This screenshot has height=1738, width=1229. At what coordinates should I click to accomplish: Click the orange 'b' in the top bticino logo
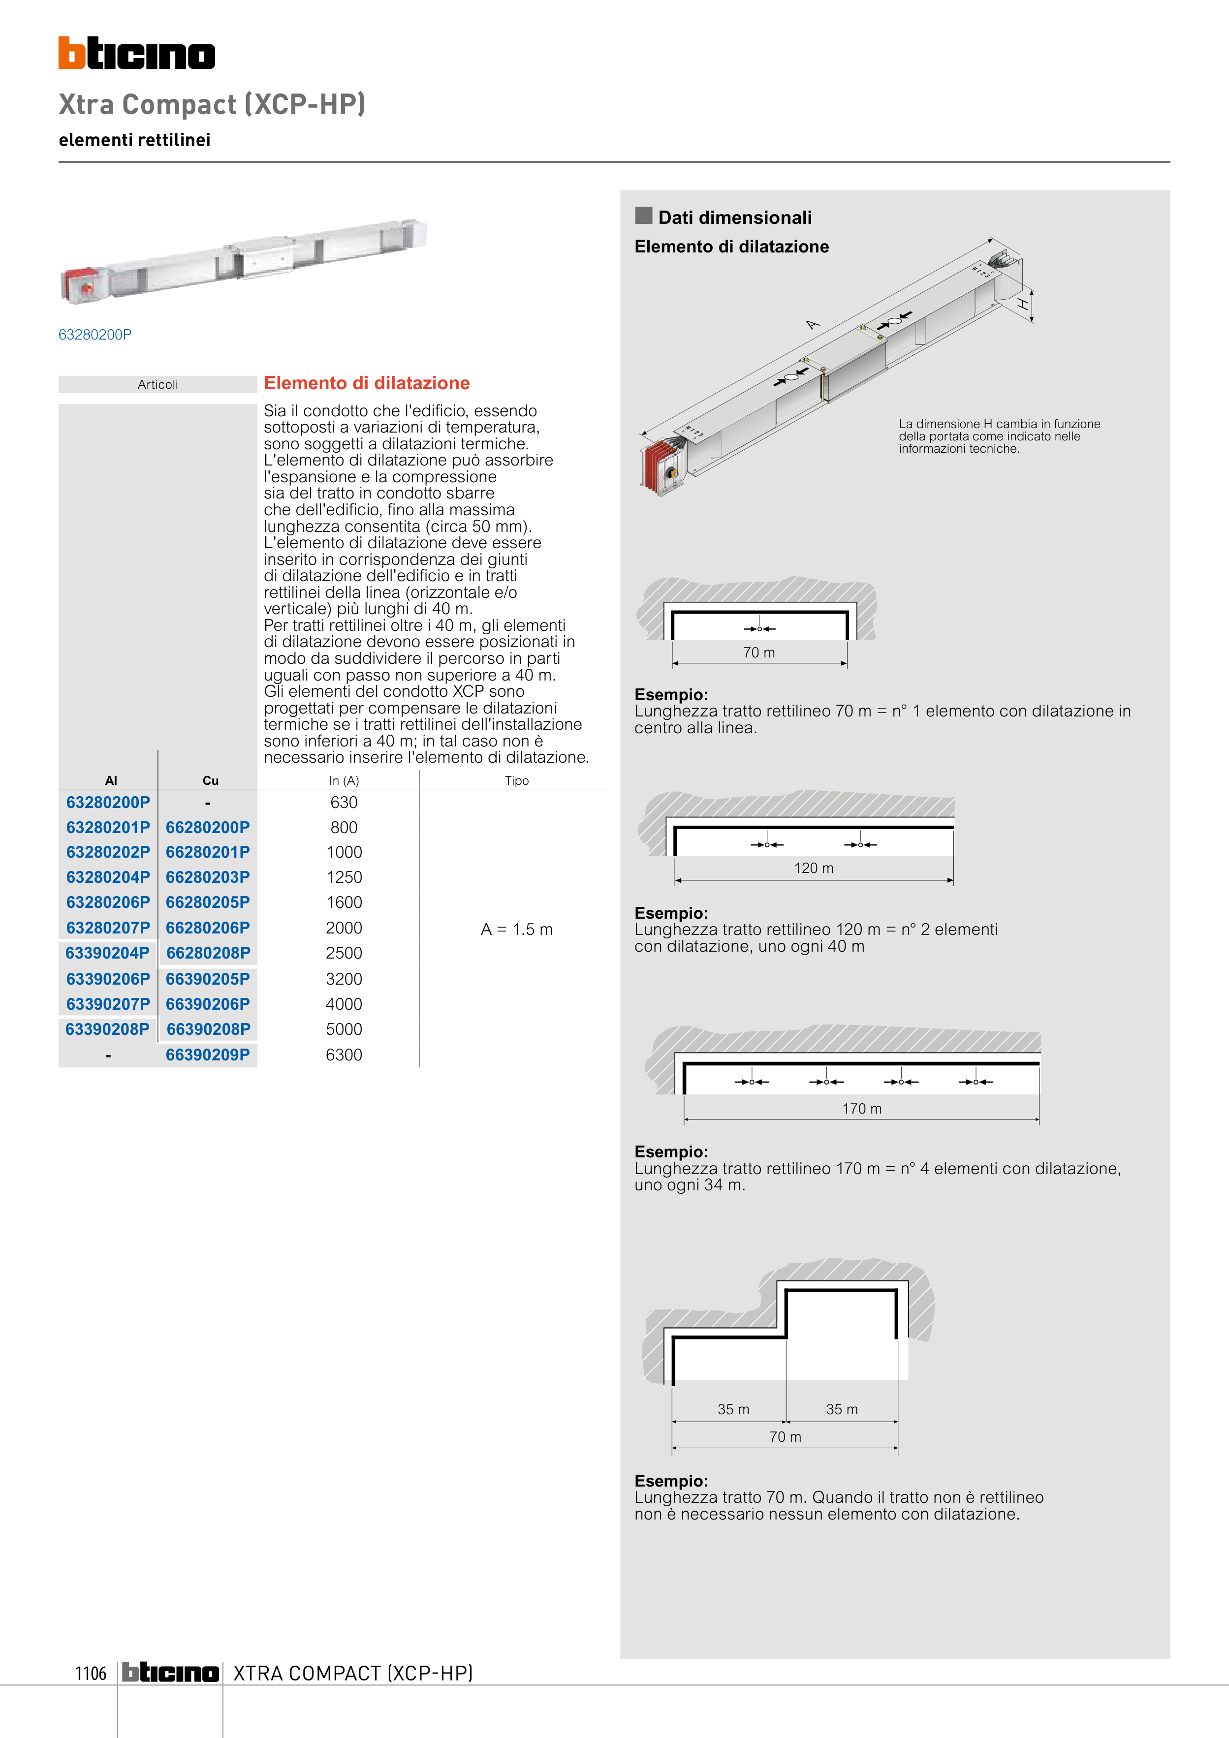[71, 53]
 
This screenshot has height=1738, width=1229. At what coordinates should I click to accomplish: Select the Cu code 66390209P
[208, 1055]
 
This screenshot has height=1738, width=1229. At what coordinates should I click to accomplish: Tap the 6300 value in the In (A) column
[344, 1055]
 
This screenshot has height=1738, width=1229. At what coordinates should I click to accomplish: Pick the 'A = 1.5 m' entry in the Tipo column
[516, 929]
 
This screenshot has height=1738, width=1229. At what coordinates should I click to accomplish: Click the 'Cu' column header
[211, 780]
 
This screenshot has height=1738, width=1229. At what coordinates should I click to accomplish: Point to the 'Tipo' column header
[516, 780]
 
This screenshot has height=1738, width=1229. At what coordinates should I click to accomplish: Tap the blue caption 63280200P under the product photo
[95, 335]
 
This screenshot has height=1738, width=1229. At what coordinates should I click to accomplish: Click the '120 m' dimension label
[813, 868]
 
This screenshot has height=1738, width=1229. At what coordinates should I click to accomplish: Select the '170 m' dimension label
[862, 1108]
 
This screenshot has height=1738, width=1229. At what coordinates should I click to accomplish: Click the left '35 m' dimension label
[733, 1409]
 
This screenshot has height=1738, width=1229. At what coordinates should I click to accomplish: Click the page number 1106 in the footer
[91, 1673]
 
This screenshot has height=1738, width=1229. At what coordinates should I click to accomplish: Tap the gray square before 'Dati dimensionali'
[644, 216]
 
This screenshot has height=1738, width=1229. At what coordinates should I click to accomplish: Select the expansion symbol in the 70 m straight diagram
[759, 628]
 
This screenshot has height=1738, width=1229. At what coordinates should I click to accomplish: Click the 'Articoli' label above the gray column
[158, 384]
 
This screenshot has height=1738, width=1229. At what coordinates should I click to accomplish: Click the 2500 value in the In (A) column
[344, 953]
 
